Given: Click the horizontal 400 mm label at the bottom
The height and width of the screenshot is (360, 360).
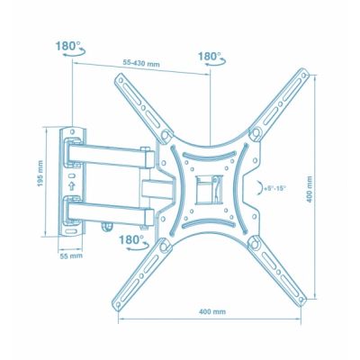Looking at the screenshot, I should click(x=212, y=310).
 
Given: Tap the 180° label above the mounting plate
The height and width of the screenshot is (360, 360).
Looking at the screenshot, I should click(x=209, y=56).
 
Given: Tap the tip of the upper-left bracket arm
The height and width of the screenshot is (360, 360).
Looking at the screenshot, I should click(x=119, y=82).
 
